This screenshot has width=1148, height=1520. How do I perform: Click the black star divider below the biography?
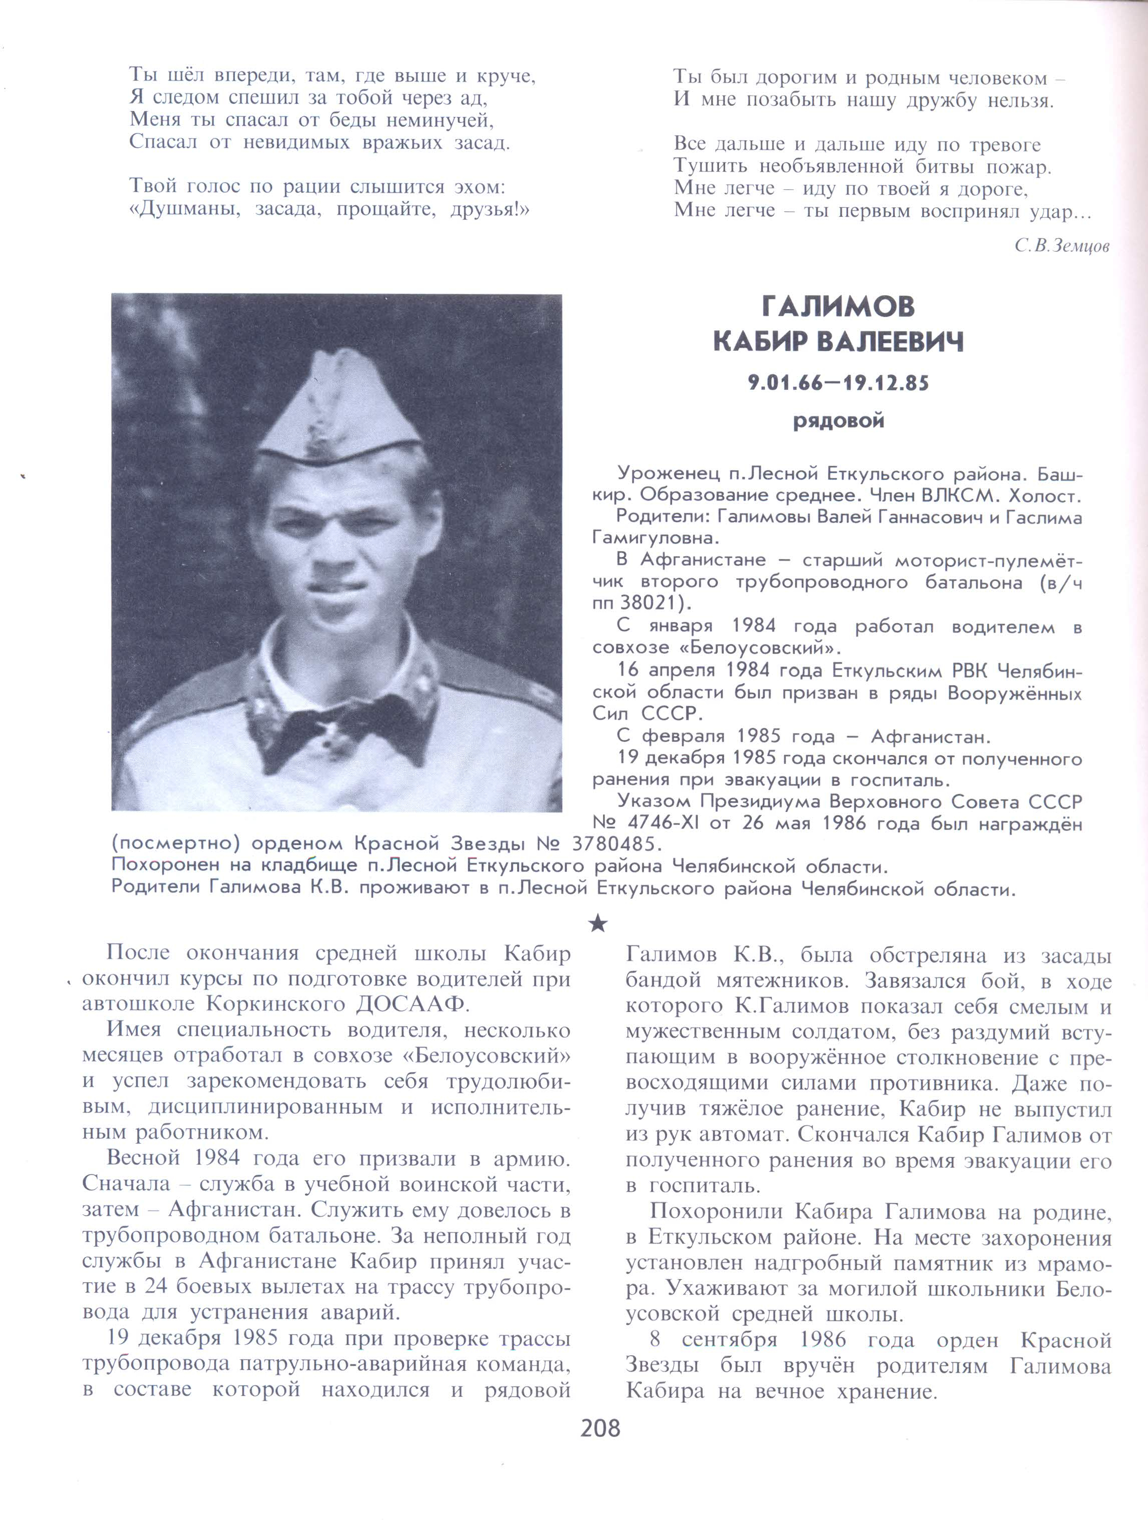click(x=598, y=924)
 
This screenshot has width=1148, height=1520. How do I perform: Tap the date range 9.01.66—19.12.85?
click(x=838, y=383)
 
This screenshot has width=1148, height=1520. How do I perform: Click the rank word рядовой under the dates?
click(x=838, y=421)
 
